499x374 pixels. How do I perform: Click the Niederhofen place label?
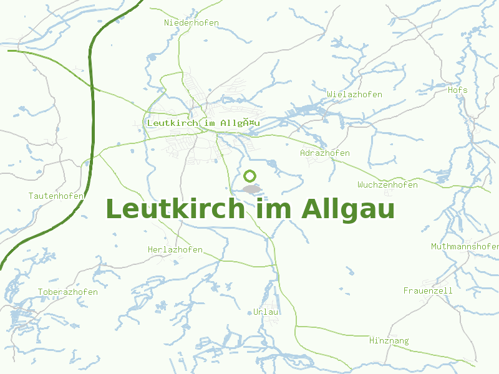[191, 23]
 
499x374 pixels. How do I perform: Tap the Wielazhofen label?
[354, 95]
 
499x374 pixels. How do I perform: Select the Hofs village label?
[457, 90]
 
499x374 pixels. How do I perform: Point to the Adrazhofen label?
[324, 153]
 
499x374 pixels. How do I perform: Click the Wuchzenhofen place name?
[387, 185]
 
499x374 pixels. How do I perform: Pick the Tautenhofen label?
[56, 196]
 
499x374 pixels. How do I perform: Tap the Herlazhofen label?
[175, 250]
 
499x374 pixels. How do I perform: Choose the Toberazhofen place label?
[68, 292]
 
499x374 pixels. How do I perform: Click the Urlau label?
[266, 312]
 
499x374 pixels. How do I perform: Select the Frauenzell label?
[428, 291]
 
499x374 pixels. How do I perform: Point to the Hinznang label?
[389, 341]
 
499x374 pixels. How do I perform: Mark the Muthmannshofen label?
[464, 247]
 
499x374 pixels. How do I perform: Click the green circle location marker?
[251, 176]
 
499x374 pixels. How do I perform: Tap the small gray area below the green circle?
[252, 189]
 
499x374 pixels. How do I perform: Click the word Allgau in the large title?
[348, 209]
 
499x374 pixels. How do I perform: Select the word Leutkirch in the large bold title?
[175, 209]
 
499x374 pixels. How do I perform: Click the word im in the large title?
[274, 209]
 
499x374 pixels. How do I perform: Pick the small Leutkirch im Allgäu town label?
[203, 123]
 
